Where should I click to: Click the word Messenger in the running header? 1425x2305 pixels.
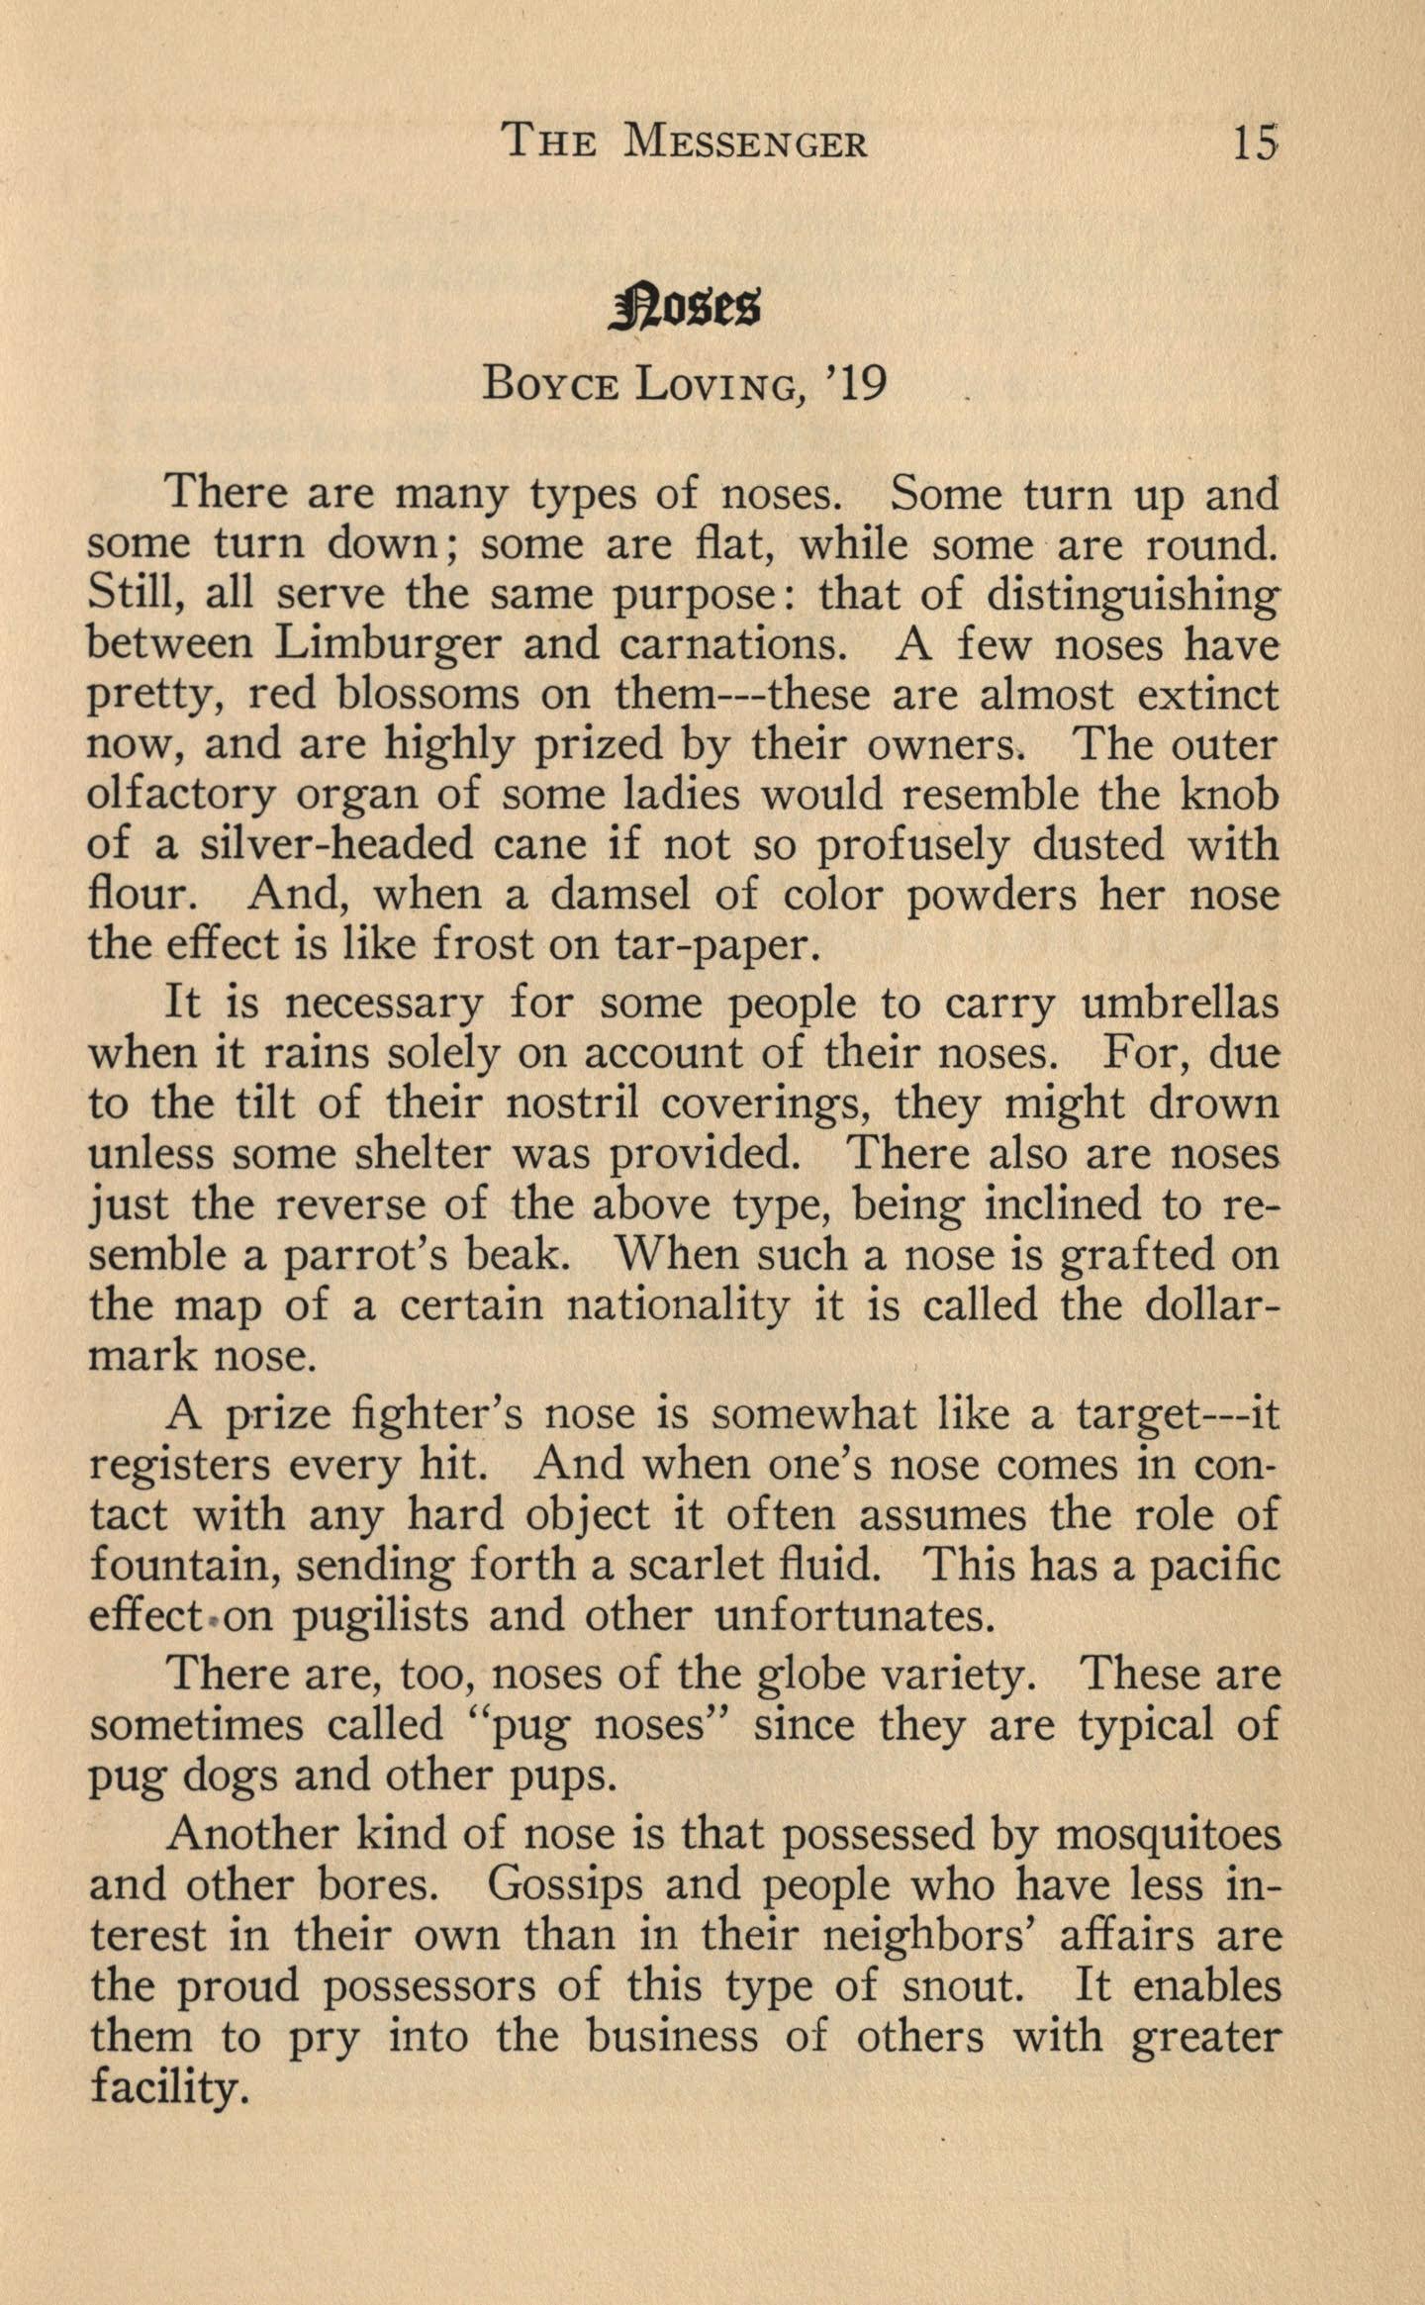click(x=747, y=144)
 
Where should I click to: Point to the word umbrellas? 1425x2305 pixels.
click(x=1181, y=1003)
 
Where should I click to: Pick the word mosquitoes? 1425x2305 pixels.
click(x=1168, y=1836)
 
